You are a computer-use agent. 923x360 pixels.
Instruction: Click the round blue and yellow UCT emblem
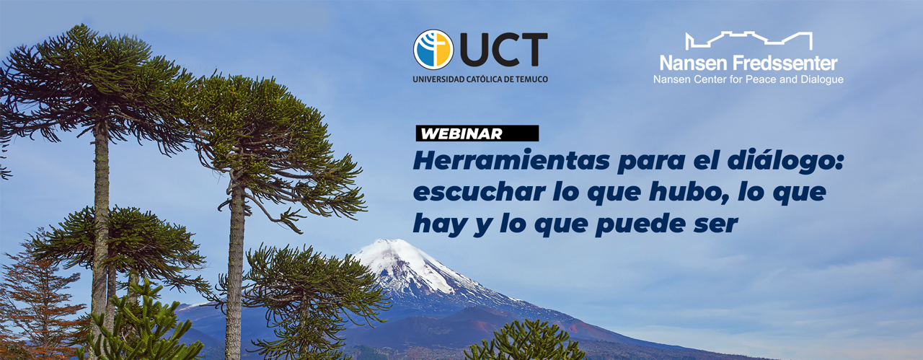433,50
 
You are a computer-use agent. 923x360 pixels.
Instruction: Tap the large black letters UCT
503,50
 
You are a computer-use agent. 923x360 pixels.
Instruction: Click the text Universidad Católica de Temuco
480,79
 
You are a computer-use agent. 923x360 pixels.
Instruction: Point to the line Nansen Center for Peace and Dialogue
748,79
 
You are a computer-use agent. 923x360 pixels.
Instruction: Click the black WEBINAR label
477,133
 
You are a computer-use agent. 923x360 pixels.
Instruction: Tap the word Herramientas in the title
511,161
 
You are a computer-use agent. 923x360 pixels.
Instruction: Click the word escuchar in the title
480,192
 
